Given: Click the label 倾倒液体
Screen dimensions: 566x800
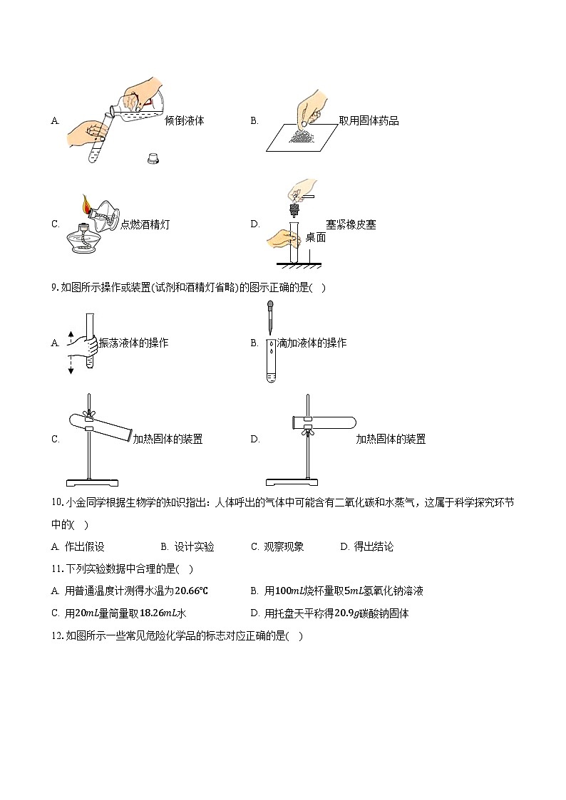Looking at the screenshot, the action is pyautogui.click(x=184, y=121).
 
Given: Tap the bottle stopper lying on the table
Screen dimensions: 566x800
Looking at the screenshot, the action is pyautogui.click(x=153, y=157).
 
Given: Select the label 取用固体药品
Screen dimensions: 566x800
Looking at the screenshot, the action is pyautogui.click(x=369, y=121).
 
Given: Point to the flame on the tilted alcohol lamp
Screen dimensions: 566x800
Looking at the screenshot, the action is pyautogui.click(x=86, y=203).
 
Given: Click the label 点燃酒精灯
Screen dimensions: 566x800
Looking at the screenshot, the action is pyautogui.click(x=145, y=224).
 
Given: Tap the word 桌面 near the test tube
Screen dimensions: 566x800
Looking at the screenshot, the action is pyautogui.click(x=315, y=237).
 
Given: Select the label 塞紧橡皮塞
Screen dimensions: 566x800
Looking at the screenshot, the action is pyautogui.click(x=351, y=224).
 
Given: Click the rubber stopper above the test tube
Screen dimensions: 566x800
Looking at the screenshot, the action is pyautogui.click(x=294, y=210).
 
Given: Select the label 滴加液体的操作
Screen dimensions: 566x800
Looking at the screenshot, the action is pyautogui.click(x=312, y=343).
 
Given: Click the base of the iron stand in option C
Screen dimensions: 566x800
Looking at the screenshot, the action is pyautogui.click(x=93, y=483).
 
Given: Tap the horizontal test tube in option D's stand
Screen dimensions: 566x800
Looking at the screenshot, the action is pyautogui.click(x=324, y=422).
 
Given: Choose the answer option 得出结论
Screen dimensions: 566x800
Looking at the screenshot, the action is pyautogui.click(x=374, y=547).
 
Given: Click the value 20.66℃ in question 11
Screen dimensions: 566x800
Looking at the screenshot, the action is pyautogui.click(x=191, y=591).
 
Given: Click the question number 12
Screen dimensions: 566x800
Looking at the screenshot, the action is pyautogui.click(x=57, y=635).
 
